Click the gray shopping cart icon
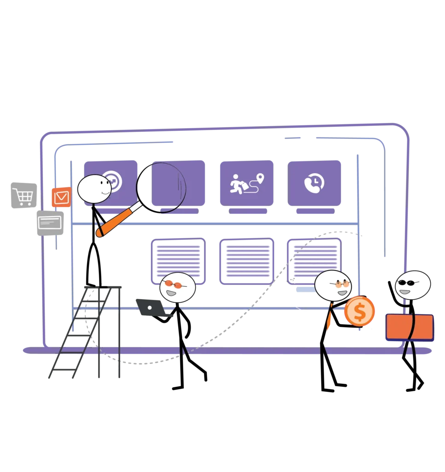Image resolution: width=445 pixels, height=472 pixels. point(22,195)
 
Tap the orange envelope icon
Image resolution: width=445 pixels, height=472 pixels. point(61,197)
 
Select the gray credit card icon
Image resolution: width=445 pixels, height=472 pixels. point(50,223)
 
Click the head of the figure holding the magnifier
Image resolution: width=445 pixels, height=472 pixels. point(94,189)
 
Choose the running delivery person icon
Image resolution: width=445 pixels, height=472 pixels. point(238,183)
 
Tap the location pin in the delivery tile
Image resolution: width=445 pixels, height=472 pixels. point(260,178)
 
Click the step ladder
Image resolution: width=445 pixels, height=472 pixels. point(88,332)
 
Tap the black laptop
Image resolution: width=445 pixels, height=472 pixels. point(149,308)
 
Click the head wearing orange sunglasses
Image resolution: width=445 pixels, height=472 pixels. point(177,288)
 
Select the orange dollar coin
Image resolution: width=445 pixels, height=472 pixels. point(359,311)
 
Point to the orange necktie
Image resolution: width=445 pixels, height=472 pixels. point(329,318)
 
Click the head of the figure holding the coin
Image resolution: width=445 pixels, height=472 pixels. point(333,285)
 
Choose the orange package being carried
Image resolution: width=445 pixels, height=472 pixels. point(409,327)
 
